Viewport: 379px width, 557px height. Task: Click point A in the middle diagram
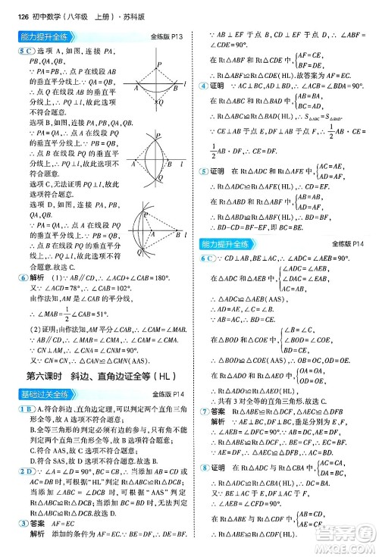(136, 164)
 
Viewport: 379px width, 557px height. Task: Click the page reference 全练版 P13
(167, 36)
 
